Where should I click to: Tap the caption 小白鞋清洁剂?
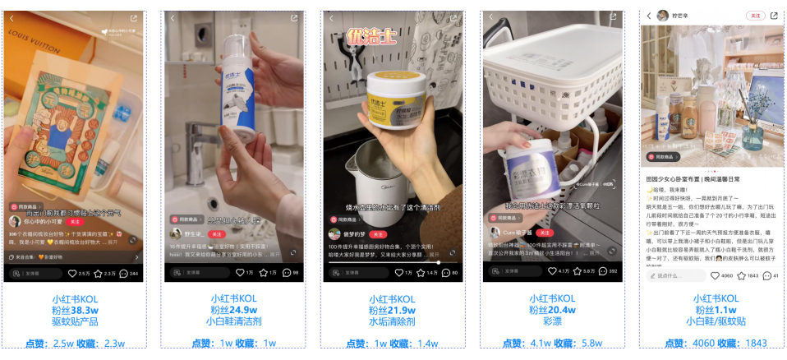click(234, 321)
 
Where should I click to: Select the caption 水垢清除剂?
click(392, 321)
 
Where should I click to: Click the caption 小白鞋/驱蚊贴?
click(711, 321)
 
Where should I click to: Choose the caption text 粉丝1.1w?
click(711, 310)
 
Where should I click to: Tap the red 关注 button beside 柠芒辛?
click(754, 16)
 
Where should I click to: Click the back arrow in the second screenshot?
click(173, 17)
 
